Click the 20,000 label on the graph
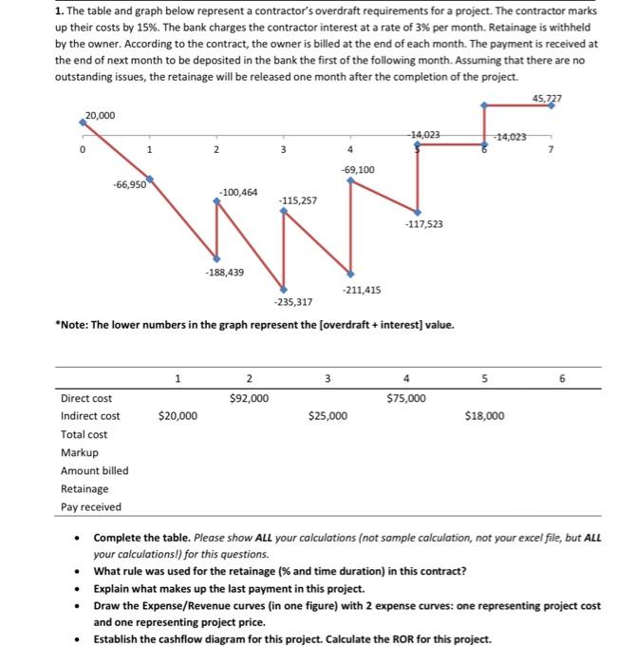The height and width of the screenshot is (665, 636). point(100,116)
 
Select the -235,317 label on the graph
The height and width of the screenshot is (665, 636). point(292,302)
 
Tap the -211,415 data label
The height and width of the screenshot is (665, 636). point(361,289)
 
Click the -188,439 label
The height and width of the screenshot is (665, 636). point(224,273)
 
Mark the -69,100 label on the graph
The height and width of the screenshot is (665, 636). point(357,169)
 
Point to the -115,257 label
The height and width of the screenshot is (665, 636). point(297,201)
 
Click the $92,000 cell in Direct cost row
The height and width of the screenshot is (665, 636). point(249,398)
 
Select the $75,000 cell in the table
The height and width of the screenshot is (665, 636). point(407,398)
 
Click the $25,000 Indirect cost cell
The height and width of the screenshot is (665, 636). point(328,416)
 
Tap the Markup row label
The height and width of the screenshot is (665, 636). point(79,452)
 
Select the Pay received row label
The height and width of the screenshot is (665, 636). point(91,506)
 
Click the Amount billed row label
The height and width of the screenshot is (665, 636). point(94,470)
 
